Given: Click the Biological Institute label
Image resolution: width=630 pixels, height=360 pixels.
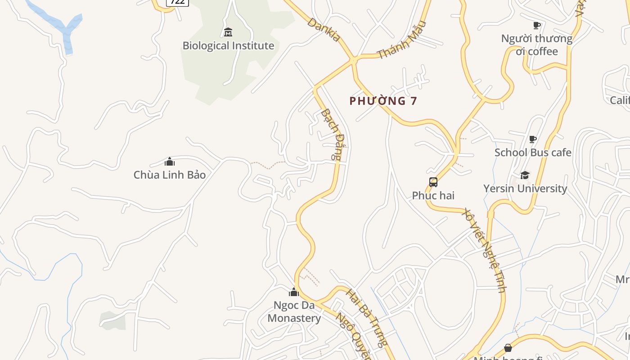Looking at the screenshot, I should pos(228,46).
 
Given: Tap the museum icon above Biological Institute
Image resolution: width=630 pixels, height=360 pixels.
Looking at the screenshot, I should pos(228,32).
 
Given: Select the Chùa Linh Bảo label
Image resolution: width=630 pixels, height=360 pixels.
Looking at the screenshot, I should pos(170,175).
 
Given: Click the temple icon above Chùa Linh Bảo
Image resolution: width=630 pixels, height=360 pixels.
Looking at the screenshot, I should pos(170,162).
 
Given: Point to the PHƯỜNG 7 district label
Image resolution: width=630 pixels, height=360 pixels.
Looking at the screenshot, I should pos(383,101).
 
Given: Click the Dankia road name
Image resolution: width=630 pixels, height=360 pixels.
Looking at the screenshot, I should pos(324,30).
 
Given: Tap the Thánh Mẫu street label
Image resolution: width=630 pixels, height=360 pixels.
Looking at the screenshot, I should pos(401,40).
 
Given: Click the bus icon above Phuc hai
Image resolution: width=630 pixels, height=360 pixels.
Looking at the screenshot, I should pos(433,182).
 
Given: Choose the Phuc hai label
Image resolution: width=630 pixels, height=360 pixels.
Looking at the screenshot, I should pos(433,196).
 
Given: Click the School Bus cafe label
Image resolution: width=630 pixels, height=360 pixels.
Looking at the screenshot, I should pos(533,153).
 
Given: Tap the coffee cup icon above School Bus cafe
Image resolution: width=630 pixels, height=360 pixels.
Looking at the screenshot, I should pos(533,139).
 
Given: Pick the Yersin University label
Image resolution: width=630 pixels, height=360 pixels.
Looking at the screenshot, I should pos(525,189).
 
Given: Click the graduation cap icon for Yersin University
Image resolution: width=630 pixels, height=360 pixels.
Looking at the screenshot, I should pos(525,175).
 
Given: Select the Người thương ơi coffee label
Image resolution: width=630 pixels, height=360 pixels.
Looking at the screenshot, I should pos(537,45).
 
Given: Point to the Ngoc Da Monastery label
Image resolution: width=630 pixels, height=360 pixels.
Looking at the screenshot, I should pos(294,312).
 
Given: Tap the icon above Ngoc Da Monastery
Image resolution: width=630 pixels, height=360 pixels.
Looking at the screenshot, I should pos(294,292).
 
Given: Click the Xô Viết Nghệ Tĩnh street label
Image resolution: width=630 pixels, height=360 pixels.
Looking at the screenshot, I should pos(485,250).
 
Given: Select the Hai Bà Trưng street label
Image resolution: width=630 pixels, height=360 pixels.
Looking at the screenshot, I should pos(366,319).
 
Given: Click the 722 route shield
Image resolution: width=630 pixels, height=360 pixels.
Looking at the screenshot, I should pos(177,2).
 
